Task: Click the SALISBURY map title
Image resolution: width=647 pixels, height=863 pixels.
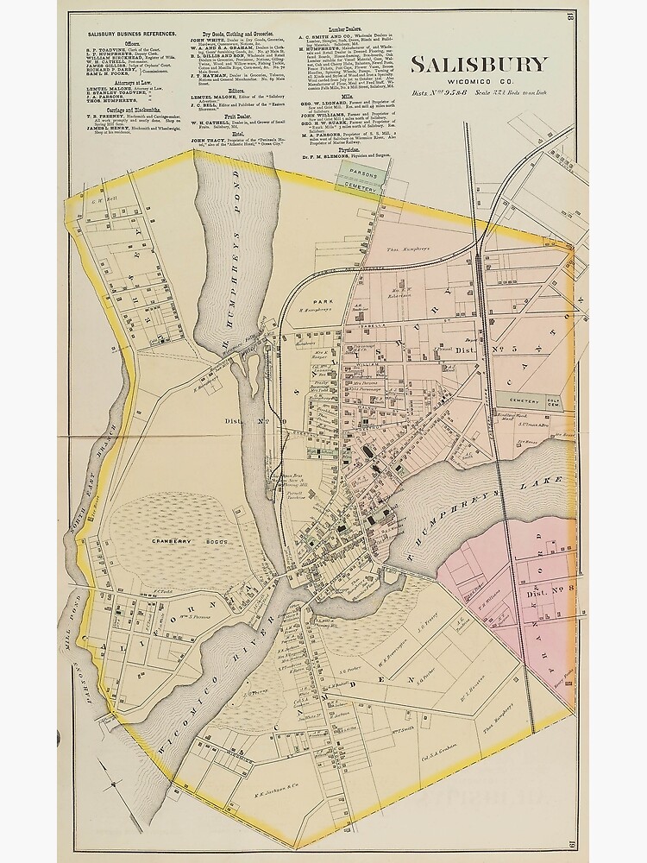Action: point(478,64)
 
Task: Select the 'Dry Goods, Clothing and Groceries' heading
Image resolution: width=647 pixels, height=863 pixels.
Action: point(228,32)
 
